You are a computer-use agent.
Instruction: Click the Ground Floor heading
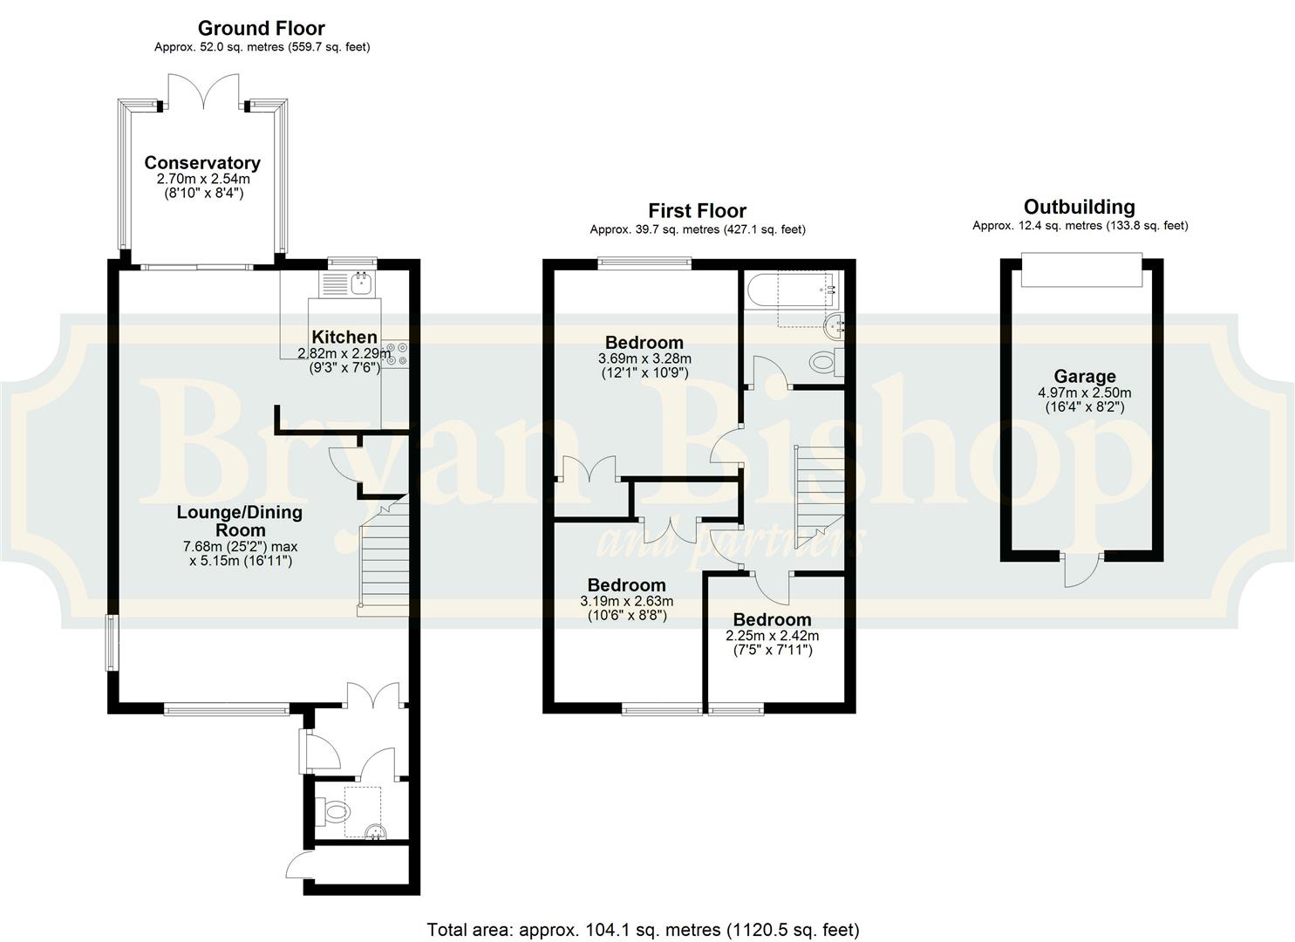click(x=262, y=28)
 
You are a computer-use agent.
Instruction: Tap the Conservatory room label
click(x=202, y=162)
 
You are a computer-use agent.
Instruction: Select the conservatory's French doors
click(x=203, y=92)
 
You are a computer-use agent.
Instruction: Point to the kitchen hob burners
click(x=397, y=354)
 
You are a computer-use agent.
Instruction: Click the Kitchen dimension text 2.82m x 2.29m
click(x=344, y=353)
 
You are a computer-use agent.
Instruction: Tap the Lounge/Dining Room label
click(x=239, y=521)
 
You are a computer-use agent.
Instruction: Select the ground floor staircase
click(x=384, y=556)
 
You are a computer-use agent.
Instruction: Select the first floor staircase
click(x=819, y=497)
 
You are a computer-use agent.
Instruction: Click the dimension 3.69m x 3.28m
click(x=644, y=359)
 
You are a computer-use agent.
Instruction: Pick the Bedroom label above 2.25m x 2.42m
click(x=773, y=619)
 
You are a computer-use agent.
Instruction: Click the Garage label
click(x=1085, y=377)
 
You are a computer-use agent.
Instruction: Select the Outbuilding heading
click(x=1080, y=207)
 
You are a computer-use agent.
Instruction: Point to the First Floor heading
click(x=698, y=210)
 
